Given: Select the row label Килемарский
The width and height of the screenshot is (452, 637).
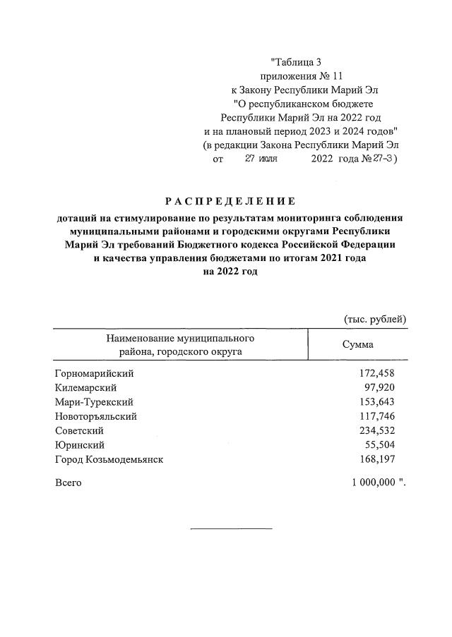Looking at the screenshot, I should [x=85, y=387].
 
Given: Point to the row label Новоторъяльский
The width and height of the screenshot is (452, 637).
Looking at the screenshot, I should [x=95, y=416].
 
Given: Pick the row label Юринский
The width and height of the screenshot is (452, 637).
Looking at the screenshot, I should [x=80, y=444].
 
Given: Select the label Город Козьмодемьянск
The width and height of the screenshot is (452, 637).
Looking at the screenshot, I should [x=109, y=459].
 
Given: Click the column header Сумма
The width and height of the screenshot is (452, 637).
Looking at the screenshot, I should [x=358, y=345].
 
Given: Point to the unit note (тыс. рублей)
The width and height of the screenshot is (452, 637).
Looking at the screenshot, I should [x=375, y=319].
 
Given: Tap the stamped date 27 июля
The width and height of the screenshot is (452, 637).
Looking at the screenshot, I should [x=261, y=159].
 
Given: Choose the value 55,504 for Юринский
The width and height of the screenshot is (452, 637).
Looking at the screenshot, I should [x=380, y=444].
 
